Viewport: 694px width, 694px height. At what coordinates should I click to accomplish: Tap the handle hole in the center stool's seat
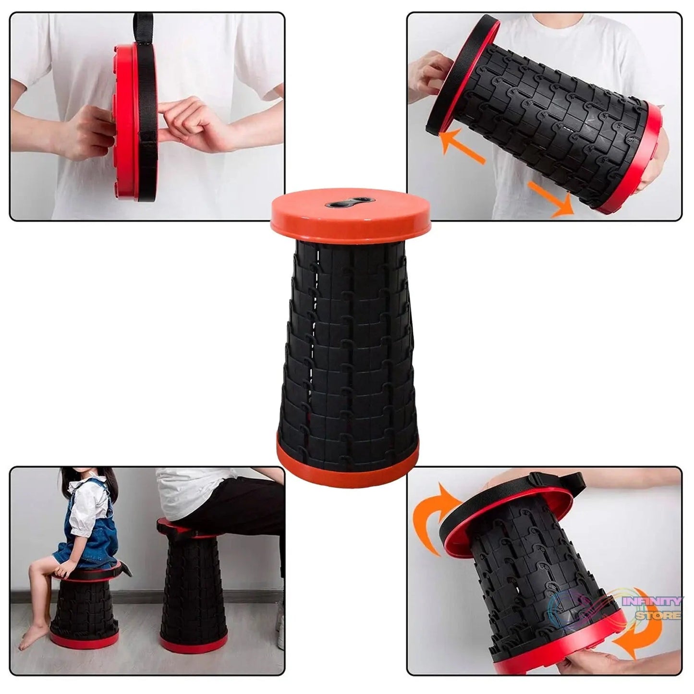[x=349, y=203]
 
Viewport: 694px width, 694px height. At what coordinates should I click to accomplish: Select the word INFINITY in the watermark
[x=652, y=601]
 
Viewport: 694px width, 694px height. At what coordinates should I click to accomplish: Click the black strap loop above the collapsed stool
[x=144, y=26]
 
